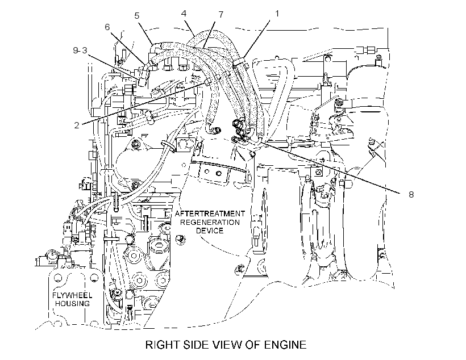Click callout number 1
point(277,14)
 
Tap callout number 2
point(77,125)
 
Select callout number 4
point(184,14)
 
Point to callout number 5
point(137,16)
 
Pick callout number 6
point(107,27)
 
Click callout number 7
point(220,15)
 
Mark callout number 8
point(411,195)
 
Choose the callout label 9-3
point(80,51)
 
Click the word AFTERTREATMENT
point(210,214)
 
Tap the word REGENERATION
point(210,222)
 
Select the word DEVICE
point(210,231)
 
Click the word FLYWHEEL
point(72,295)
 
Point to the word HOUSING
point(72,304)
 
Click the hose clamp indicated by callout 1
point(240,61)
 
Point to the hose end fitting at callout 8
point(260,137)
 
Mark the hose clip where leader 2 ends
point(208,81)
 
